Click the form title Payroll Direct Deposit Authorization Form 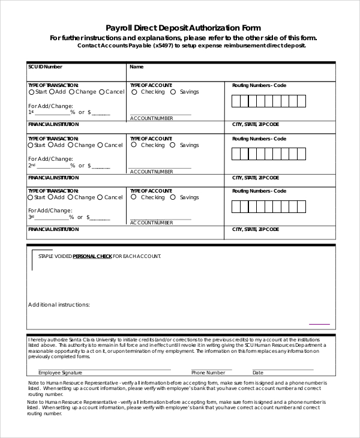[x=183, y=28]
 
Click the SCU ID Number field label [x=45, y=67]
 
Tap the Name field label [x=136, y=67]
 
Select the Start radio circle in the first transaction [x=31, y=92]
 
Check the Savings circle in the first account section [x=173, y=92]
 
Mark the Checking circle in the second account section [x=134, y=145]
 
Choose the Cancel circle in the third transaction [x=102, y=197]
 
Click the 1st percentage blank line [x=52, y=112]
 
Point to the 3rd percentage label [x=32, y=217]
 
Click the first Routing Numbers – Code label [x=259, y=85]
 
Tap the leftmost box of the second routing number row [x=236, y=154]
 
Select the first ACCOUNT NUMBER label [x=151, y=118]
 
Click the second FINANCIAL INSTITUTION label [x=53, y=178]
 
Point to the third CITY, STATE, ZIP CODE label [x=255, y=229]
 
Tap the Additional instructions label [x=59, y=305]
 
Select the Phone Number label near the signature [x=208, y=373]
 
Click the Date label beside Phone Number [x=258, y=373]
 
